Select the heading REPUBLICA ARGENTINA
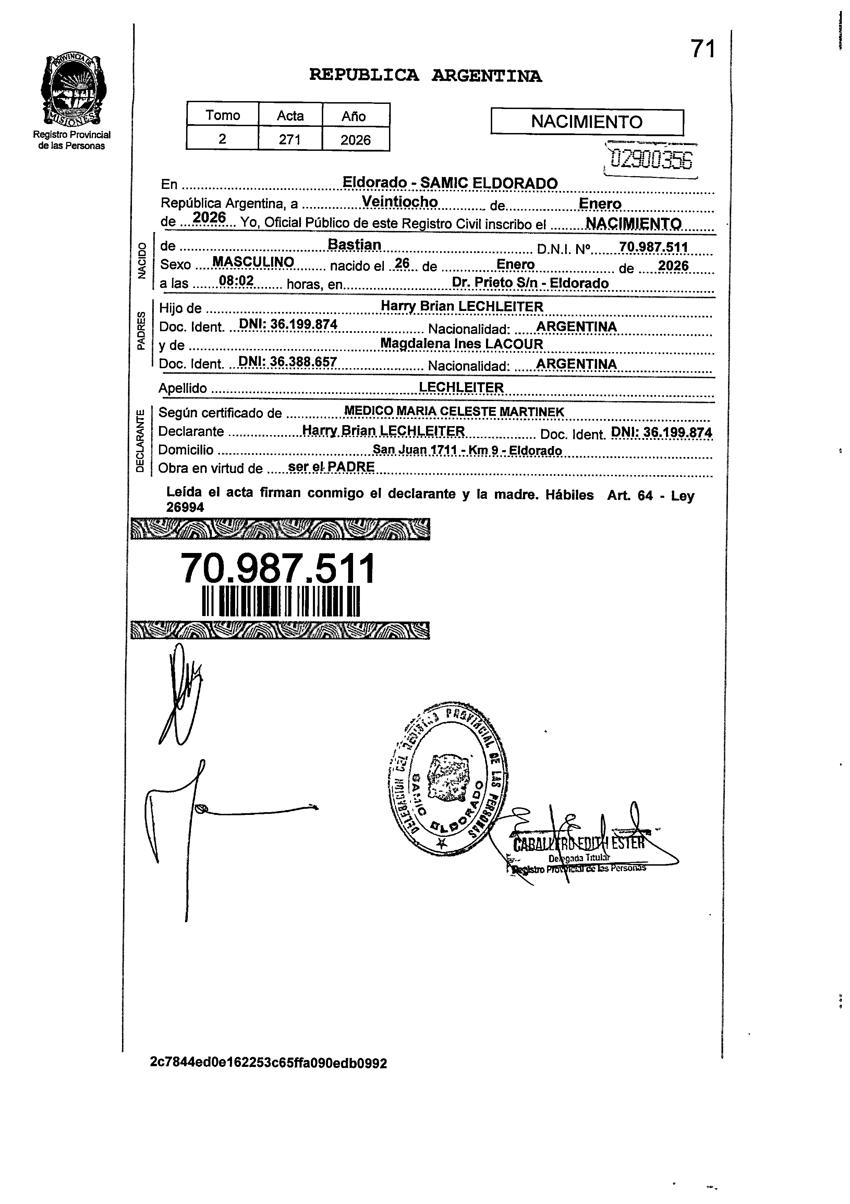click(x=425, y=76)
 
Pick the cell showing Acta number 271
click(x=290, y=140)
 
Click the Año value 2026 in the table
click(x=355, y=140)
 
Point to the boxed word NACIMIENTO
click(x=587, y=122)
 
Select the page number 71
click(x=703, y=49)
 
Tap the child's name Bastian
click(x=354, y=245)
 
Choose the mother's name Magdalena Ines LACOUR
click(x=461, y=344)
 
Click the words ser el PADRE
click(x=331, y=467)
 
